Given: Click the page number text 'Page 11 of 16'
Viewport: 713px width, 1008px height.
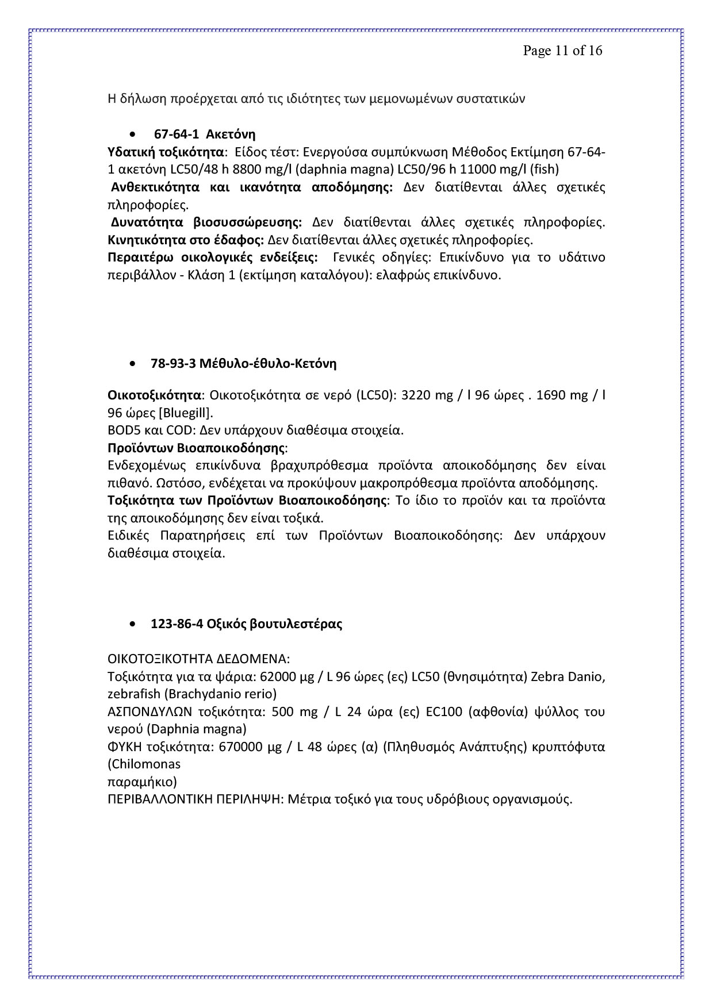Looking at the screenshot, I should (x=562, y=51).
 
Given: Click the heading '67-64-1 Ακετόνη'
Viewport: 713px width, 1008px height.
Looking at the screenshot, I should (x=205, y=134).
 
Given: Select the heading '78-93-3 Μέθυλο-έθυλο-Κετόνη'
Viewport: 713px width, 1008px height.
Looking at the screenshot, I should (x=243, y=363).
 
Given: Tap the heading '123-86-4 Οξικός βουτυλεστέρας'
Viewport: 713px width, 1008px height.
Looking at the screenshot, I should (x=246, y=624).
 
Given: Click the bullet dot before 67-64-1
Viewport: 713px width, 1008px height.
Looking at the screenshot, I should (x=133, y=135).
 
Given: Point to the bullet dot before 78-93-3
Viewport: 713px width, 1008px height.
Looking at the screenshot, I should (x=133, y=364).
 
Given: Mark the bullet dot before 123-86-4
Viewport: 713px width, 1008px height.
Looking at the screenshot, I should (x=133, y=625).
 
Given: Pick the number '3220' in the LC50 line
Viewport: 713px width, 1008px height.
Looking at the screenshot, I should (x=415, y=395).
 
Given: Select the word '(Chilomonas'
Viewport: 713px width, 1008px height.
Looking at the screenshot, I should (x=144, y=764).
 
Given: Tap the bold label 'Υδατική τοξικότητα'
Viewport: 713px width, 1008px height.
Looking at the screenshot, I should (x=166, y=152).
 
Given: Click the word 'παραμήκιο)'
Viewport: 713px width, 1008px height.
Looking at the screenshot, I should (x=142, y=782).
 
